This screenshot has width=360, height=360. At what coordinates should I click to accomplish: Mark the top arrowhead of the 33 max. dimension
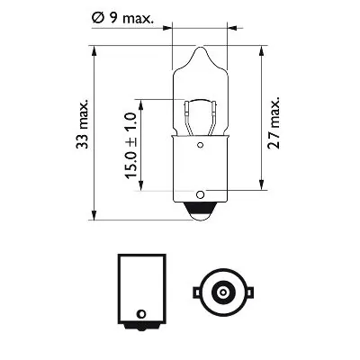click(x=94, y=52)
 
